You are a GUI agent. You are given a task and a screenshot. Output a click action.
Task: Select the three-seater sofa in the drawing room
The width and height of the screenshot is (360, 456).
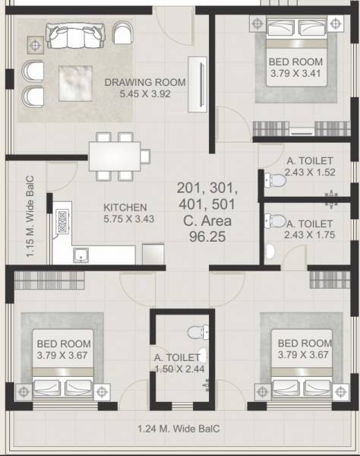point(74,34)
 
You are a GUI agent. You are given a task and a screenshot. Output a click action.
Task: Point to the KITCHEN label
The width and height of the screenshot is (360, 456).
point(125,207)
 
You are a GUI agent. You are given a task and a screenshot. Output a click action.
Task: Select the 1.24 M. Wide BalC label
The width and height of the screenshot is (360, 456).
point(180,428)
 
